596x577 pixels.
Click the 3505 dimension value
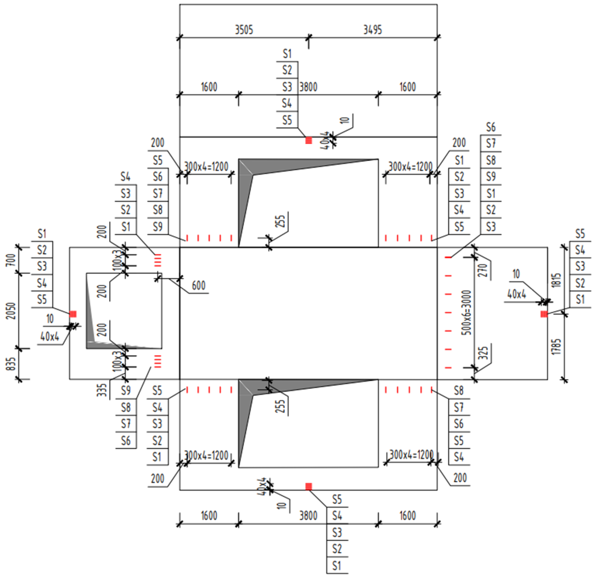[x=244, y=30]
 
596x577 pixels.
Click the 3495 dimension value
[x=372, y=30]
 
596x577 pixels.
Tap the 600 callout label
[x=198, y=286]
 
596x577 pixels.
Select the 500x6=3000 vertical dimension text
[x=466, y=313]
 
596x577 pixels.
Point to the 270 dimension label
[x=483, y=270]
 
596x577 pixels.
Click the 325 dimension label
[x=483, y=353]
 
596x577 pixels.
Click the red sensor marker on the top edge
[x=308, y=140]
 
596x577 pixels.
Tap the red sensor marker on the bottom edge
[x=308, y=487]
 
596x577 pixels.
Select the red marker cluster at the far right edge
[x=544, y=314]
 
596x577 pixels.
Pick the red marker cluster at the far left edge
[x=73, y=314]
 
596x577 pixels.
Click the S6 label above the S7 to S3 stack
[x=490, y=127]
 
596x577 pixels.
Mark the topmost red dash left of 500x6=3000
[x=448, y=258]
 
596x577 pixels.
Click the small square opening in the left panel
[x=124, y=311]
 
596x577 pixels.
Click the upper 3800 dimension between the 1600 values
[x=308, y=87]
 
